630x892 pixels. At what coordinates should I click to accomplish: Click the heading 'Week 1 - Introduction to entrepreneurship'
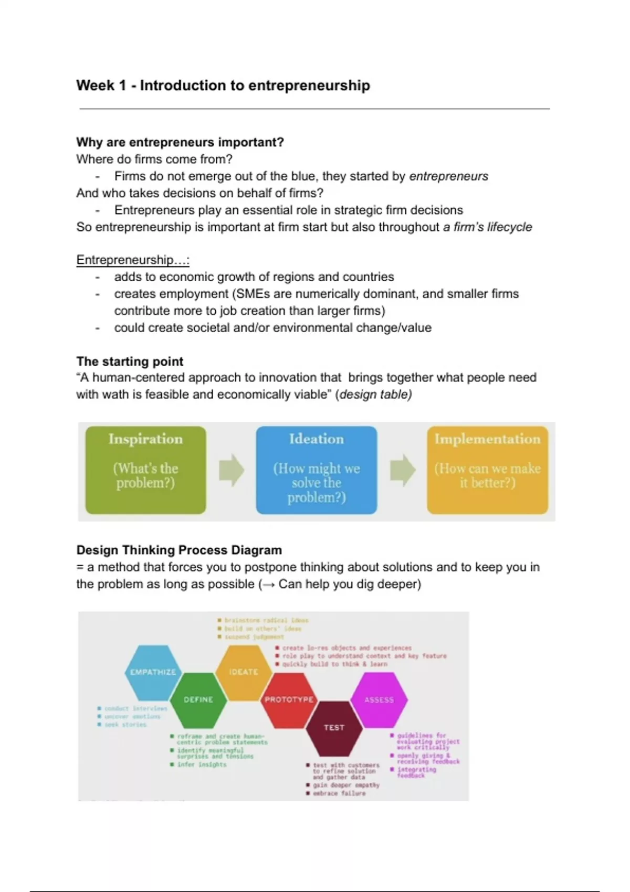click(223, 86)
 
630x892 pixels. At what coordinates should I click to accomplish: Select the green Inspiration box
click(145, 470)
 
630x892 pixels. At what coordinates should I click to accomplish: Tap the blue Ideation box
click(316, 470)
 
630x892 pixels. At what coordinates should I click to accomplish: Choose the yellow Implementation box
click(487, 470)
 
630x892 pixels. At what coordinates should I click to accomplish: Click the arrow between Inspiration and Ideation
click(231, 470)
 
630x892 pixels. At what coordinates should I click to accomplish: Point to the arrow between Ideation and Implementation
click(402, 470)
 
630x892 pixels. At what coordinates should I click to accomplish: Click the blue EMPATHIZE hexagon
click(153, 672)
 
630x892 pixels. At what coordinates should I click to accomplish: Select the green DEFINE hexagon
click(198, 700)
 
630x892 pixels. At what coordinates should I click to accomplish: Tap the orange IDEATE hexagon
click(244, 672)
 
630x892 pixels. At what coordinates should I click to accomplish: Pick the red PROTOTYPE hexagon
click(289, 700)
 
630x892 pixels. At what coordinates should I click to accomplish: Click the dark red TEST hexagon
click(334, 728)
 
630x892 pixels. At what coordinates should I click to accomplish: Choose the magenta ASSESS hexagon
click(379, 700)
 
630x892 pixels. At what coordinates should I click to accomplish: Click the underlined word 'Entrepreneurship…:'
click(133, 260)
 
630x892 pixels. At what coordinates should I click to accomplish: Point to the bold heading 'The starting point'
click(130, 362)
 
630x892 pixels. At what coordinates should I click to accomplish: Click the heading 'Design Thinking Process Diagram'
click(179, 550)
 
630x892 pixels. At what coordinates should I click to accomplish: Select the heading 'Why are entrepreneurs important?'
click(180, 142)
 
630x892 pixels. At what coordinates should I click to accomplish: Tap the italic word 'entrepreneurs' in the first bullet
click(448, 176)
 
